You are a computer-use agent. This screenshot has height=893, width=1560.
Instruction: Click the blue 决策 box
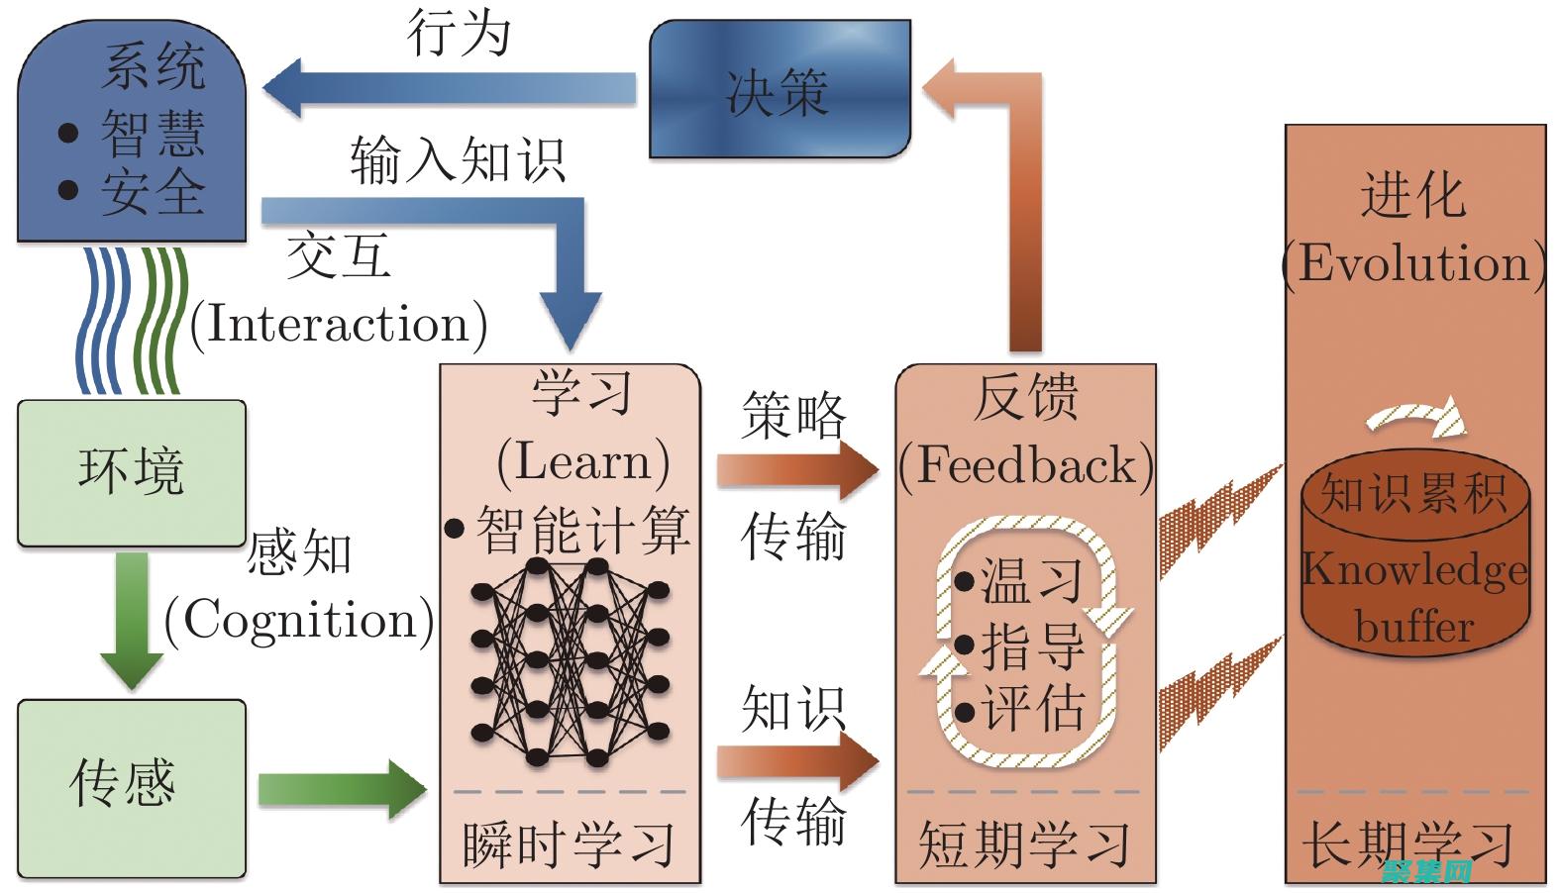pos(779,91)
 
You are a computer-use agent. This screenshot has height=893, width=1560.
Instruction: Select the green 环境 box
pos(132,472)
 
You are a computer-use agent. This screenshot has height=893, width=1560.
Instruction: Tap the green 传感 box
pos(132,787)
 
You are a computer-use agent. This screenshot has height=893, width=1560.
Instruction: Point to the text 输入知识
pos(457,160)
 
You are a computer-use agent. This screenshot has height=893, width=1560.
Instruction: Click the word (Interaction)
pos(338,324)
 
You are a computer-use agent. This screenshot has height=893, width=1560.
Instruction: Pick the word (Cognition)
pos(298,621)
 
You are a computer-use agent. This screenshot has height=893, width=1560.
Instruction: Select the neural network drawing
pos(570,661)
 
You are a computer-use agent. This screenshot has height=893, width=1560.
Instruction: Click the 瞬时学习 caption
pos(570,844)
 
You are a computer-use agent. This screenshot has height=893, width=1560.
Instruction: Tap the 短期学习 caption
pos(1024,844)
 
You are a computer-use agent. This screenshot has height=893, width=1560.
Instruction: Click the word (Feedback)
pos(1026,465)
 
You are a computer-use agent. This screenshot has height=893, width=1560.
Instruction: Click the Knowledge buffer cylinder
pos(1414,564)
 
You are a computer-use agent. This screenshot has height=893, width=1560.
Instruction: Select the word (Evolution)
pos(1413,263)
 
